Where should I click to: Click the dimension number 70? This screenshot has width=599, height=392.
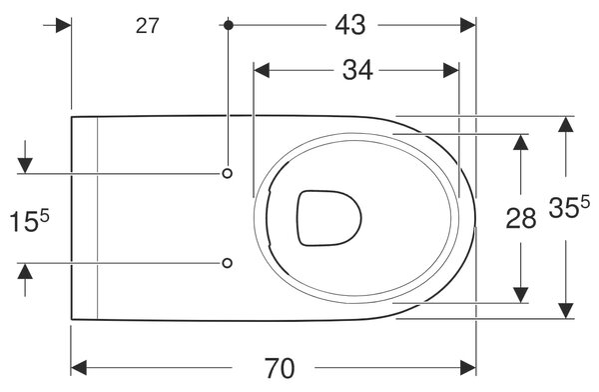(280, 368)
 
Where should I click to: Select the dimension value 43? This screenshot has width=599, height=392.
(350, 25)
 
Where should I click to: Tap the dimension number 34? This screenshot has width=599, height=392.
(357, 70)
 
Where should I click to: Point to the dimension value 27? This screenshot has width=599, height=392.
(147, 26)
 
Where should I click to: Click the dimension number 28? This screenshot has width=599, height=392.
(521, 219)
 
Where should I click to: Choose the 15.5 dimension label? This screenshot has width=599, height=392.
(29, 221)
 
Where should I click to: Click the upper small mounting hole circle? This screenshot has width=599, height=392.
(227, 173)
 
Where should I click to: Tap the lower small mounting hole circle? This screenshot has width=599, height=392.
(227, 263)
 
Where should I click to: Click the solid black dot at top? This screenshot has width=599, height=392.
(229, 25)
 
